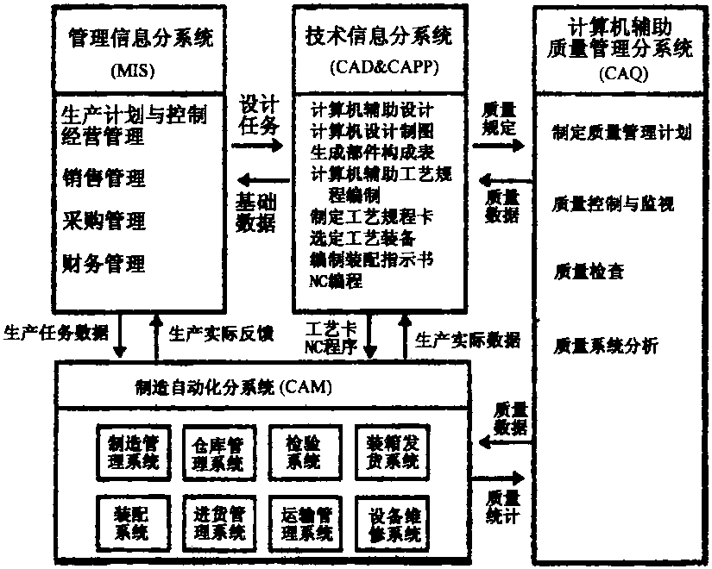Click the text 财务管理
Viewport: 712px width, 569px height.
104,263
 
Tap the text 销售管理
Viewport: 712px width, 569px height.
104,178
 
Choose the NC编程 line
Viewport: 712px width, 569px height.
336,281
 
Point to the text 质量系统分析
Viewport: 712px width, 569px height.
605,346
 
